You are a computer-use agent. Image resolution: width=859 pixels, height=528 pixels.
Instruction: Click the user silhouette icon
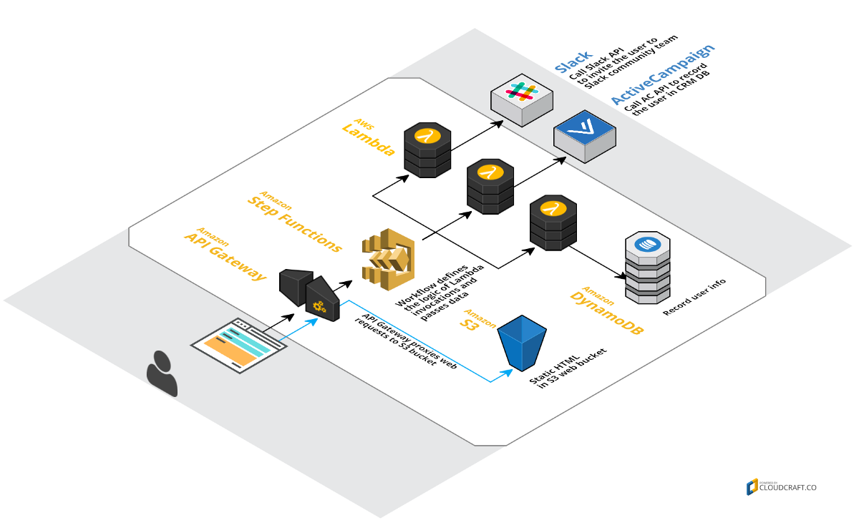tap(162, 373)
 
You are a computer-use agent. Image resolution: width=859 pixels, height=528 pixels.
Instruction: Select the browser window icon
tap(238, 344)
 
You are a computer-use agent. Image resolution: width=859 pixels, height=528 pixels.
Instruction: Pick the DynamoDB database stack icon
tap(647, 268)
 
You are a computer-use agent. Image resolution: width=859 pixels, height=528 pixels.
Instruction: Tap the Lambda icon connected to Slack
tap(427, 149)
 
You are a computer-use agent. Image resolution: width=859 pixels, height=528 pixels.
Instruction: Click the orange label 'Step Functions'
tap(294, 221)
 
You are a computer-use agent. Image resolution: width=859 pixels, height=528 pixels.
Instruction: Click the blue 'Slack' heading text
tap(573, 62)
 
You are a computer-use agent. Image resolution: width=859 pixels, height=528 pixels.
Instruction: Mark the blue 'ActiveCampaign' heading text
tap(663, 74)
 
